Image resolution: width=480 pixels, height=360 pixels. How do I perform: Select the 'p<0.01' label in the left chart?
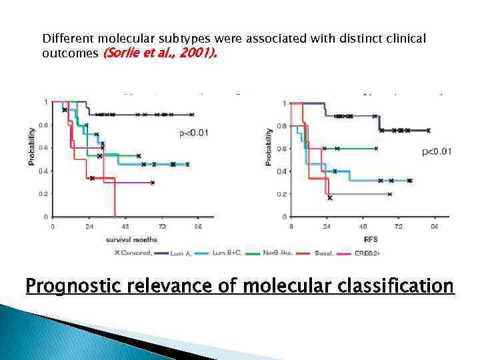[x=193, y=133]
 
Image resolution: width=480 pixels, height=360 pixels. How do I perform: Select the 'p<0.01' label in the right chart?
[x=437, y=151]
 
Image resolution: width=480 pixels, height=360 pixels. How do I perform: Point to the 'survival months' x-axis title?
[x=131, y=239]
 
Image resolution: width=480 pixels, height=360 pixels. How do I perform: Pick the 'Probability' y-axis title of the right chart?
[x=269, y=147]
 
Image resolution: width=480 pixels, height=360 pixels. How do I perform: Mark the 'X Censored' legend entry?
[x=134, y=253]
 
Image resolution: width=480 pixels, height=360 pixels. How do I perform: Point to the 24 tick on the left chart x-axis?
[x=89, y=227]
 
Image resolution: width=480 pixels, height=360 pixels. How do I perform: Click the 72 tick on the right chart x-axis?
[x=399, y=227]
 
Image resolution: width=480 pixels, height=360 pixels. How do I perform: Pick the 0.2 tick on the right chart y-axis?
[x=283, y=194]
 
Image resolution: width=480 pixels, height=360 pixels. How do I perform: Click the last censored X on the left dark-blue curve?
[x=192, y=115]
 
